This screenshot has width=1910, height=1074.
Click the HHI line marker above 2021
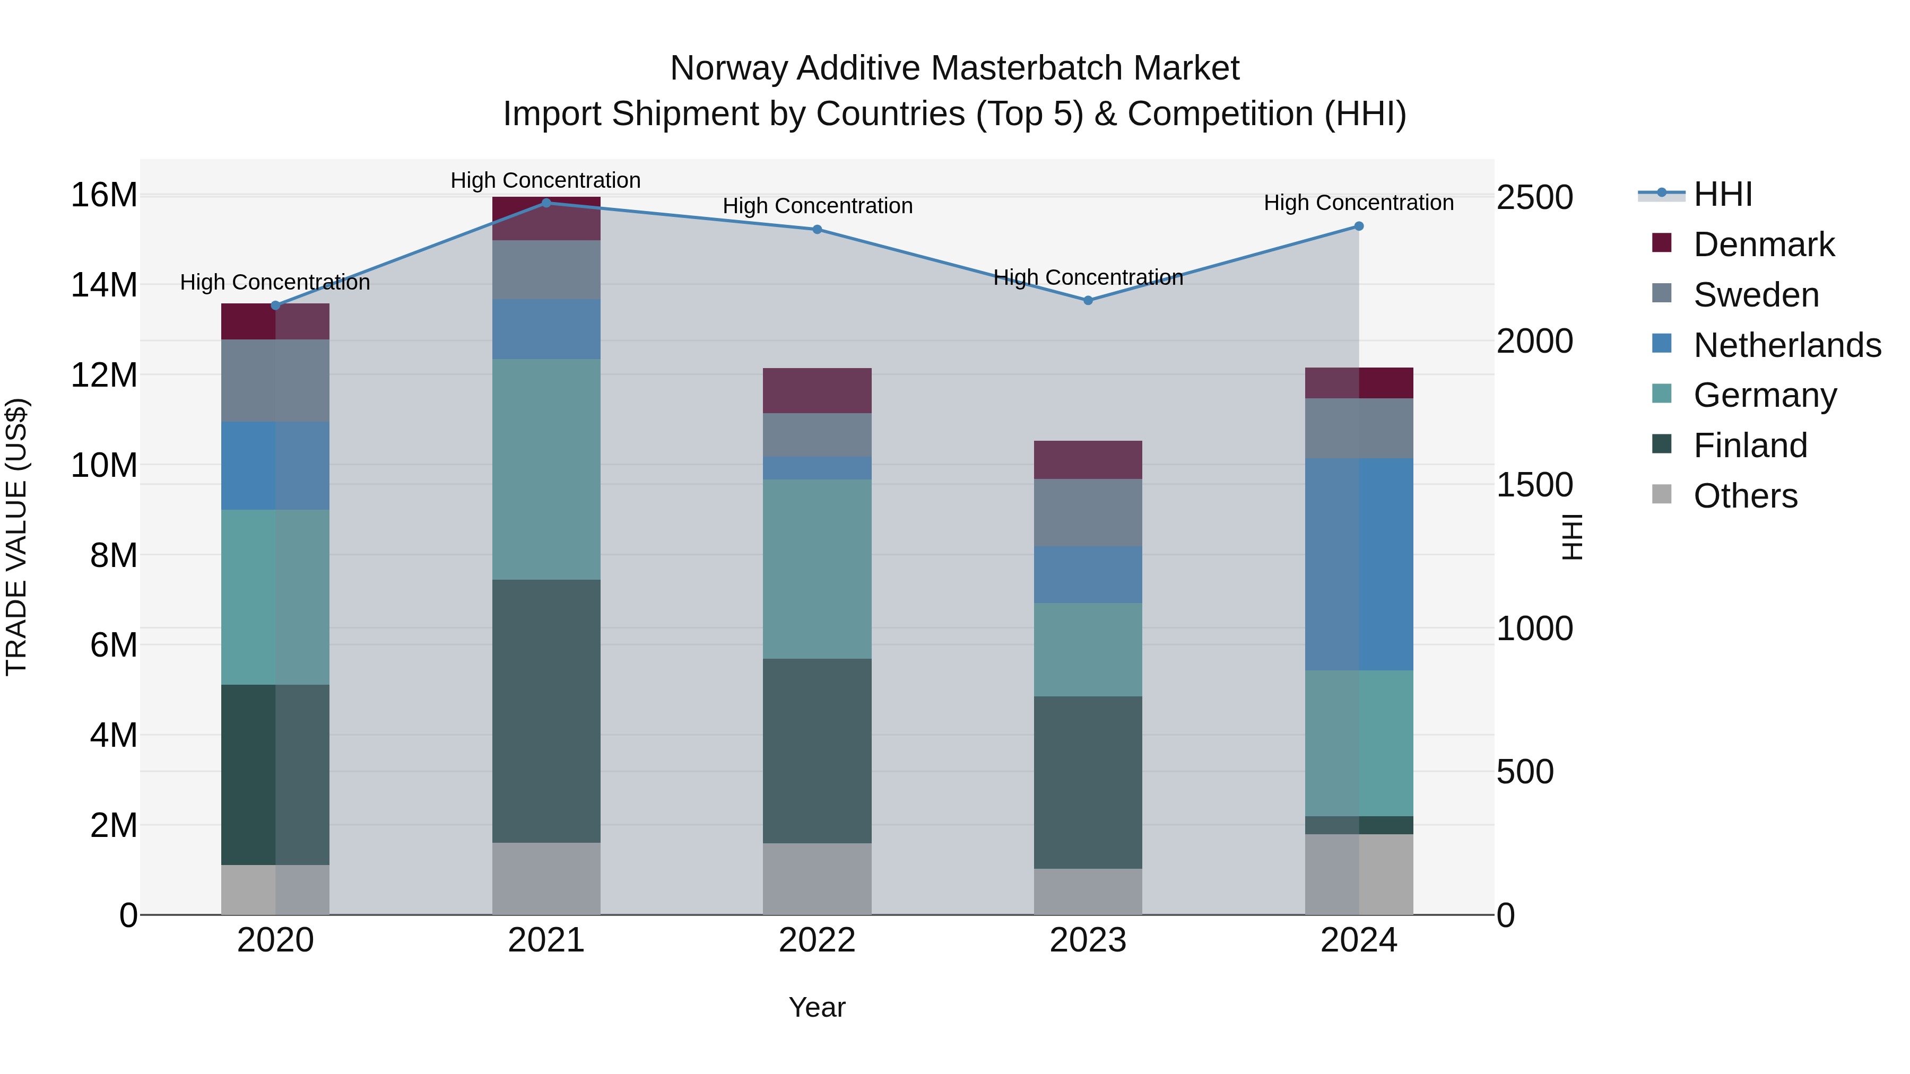point(546,203)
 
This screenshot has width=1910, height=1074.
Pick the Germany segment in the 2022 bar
point(817,569)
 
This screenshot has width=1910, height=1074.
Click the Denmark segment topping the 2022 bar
point(817,390)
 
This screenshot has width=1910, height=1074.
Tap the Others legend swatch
point(1662,494)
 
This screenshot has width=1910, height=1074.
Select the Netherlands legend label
point(1787,345)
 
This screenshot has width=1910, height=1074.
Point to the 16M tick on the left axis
point(104,195)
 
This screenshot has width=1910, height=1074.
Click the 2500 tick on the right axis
point(1534,197)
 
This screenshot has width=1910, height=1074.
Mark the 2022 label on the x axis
point(817,940)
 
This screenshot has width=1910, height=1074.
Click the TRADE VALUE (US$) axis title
point(16,537)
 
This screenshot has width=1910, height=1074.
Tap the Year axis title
point(817,1007)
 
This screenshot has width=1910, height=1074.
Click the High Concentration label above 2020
point(275,282)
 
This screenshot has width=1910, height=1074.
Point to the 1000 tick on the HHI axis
point(1534,628)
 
